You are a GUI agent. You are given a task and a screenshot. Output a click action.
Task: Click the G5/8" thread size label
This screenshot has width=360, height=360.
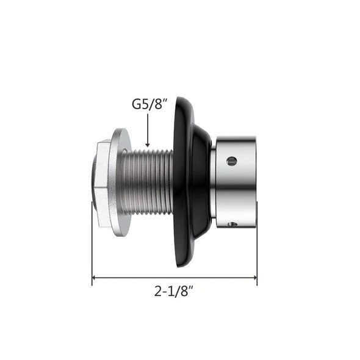(x=150, y=104)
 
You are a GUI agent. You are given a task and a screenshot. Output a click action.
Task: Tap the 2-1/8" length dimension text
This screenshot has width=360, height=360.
(x=174, y=292)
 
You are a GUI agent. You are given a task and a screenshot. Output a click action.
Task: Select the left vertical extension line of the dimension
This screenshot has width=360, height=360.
(x=92, y=244)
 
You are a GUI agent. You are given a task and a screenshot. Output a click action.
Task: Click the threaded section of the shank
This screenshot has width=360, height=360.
(x=146, y=181)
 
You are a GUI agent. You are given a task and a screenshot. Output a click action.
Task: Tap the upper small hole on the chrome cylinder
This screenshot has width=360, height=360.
(x=231, y=161)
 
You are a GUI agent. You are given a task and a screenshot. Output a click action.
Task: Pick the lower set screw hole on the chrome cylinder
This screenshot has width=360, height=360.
(x=231, y=225)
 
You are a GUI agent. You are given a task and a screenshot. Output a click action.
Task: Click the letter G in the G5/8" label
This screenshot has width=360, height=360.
(x=137, y=104)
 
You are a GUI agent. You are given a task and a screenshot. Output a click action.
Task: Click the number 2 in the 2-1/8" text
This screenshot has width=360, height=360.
(x=157, y=292)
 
